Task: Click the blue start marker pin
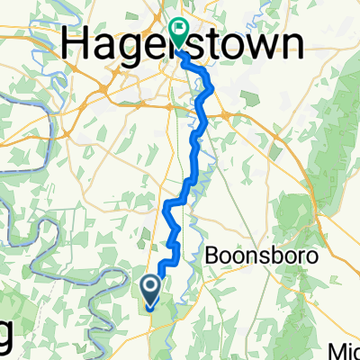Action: [149, 290]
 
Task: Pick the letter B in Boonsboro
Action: [213, 256]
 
